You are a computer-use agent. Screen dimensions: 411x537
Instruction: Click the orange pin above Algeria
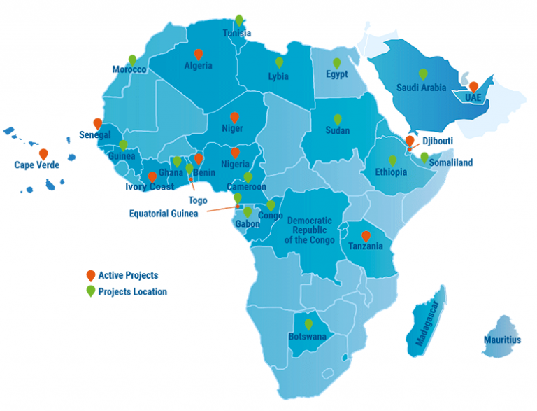click(199, 54)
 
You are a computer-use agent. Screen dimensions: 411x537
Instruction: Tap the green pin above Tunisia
click(239, 20)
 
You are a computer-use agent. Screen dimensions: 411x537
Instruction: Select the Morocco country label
click(129, 70)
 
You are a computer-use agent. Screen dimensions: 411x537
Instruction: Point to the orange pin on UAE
click(473, 87)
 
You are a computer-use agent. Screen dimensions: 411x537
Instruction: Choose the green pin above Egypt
click(336, 62)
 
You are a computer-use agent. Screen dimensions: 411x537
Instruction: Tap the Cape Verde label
click(36, 165)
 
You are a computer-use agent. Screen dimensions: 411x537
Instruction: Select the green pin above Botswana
click(308, 324)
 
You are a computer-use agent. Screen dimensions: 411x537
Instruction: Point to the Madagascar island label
click(428, 326)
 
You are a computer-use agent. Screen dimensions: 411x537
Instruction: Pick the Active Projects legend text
click(128, 275)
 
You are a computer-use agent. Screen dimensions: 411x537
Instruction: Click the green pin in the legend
click(90, 291)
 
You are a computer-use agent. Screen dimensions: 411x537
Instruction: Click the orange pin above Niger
click(234, 117)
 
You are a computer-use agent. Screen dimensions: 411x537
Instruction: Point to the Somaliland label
click(451, 162)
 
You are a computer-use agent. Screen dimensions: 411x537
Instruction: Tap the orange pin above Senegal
click(98, 123)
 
